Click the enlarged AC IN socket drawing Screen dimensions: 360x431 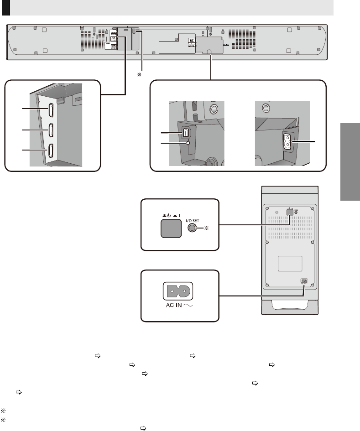pyautogui.click(x=180, y=290)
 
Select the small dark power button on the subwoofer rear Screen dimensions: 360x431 pyautogui.click(x=289, y=212)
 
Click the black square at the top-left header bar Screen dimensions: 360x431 pyautogui.click(x=5, y=8)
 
